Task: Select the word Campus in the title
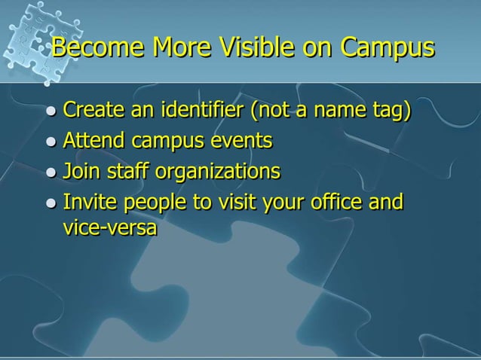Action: pyautogui.click(x=388, y=50)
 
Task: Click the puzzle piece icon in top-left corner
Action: pyautogui.click(x=30, y=34)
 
